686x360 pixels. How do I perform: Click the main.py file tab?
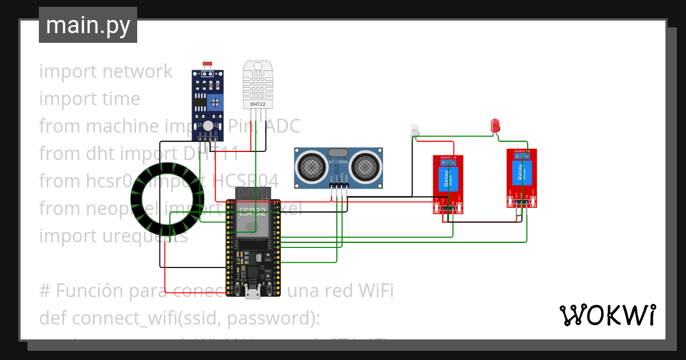87,25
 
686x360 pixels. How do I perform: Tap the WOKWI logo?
607,315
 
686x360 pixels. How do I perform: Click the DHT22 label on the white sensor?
257,104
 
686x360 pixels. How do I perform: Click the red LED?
496,125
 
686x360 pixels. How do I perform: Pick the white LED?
414,130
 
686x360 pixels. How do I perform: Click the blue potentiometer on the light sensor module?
215,103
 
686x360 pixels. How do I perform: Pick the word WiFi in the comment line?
372,291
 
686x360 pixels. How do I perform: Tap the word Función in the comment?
87,291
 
